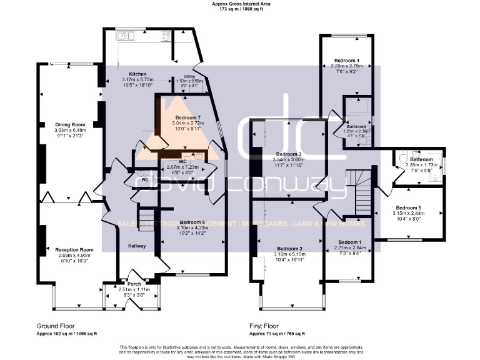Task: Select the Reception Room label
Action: [x=69, y=249]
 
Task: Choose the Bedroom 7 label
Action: [x=187, y=117]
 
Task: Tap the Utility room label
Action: [x=190, y=76]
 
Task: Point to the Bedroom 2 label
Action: [x=289, y=248]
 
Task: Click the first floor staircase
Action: [x=361, y=194]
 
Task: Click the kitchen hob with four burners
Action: [x=166, y=36]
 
